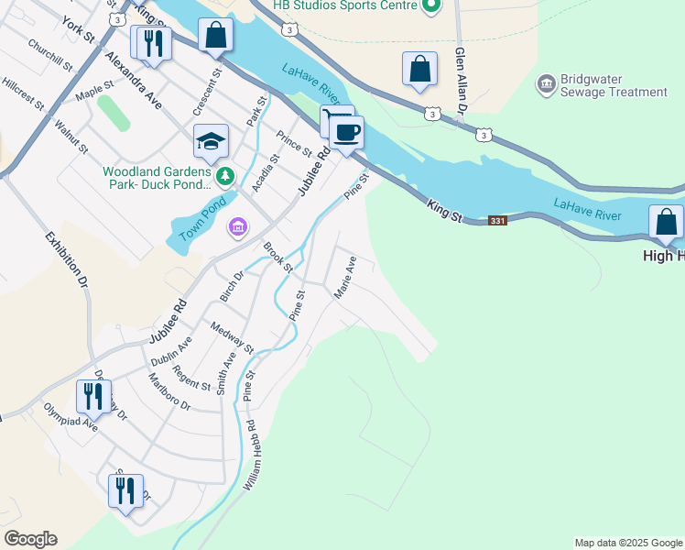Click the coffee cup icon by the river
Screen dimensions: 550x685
347,132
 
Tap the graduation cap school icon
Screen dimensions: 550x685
211,141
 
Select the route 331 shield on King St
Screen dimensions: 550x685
497,222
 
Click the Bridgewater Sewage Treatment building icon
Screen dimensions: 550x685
546,84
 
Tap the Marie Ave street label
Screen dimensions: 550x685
345,278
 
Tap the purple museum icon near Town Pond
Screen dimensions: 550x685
238,225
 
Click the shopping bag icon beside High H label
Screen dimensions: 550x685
666,223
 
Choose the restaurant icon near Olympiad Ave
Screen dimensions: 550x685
93,396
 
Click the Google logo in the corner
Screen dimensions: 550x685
30,539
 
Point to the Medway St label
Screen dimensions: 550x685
232,337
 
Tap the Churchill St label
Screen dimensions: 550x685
49,55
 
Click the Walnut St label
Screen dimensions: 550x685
71,136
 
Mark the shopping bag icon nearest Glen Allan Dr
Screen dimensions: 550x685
419,69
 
